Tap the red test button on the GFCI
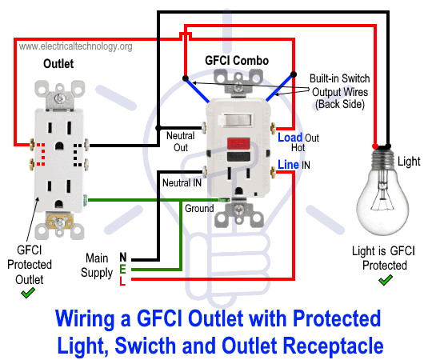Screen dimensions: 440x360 pos(238,143)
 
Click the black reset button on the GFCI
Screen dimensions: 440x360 pos(238,157)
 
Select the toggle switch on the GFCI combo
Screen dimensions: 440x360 pos(235,119)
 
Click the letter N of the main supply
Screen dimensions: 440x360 pos(123,257)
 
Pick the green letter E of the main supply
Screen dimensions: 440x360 pos(122,269)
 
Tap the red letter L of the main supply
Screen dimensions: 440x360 pos(122,281)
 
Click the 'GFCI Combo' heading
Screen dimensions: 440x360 pos(237,60)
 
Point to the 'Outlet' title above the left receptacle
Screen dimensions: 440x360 pos(58,64)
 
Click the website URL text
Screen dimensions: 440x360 pos(75,46)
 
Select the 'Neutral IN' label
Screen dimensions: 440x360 pos(182,183)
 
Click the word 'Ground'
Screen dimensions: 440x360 pos(199,209)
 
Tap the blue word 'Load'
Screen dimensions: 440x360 pos(290,138)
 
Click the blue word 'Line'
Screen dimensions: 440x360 pos(288,165)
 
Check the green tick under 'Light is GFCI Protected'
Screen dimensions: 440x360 pos(386,280)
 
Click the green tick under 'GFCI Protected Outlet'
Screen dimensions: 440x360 pos(28,294)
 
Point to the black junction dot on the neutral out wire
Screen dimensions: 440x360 pos(158,128)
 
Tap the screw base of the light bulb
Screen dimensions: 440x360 pos(382,158)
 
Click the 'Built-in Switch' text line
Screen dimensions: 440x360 pos(339,78)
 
